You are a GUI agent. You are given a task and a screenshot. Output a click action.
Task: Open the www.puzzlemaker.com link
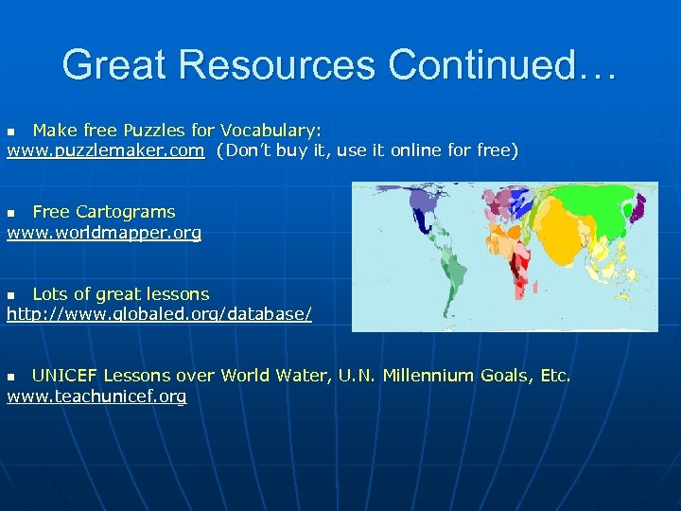[x=105, y=150]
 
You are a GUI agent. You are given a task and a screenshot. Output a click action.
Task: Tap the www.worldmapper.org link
[x=104, y=233]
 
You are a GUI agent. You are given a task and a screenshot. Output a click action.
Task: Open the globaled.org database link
[x=159, y=313]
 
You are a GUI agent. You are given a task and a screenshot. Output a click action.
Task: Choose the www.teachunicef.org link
[x=96, y=396]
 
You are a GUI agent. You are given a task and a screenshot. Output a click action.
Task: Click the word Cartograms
[x=125, y=212]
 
